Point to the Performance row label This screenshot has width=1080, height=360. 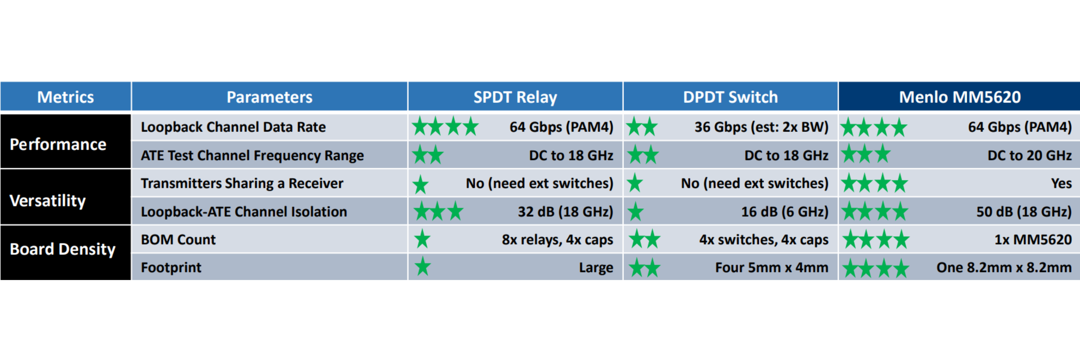pyautogui.click(x=58, y=144)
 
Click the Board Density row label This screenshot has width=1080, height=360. pyautogui.click(x=62, y=249)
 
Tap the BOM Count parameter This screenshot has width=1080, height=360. pyautogui.click(x=178, y=239)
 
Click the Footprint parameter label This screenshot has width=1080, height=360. pyautogui.click(x=171, y=267)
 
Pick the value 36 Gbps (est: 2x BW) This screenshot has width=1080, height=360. pyautogui.click(x=761, y=127)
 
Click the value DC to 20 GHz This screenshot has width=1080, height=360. pyautogui.click(x=1029, y=156)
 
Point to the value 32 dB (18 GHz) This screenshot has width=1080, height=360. pyautogui.click(x=565, y=212)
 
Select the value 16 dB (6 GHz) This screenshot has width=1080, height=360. pyautogui.click(x=785, y=212)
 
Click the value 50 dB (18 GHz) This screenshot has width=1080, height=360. pyautogui.click(x=1024, y=212)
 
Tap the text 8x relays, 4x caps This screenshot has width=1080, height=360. pyautogui.click(x=557, y=240)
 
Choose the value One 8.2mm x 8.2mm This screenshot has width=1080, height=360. pyautogui.click(x=1004, y=267)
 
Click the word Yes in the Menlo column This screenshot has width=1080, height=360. pyautogui.click(x=1061, y=183)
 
